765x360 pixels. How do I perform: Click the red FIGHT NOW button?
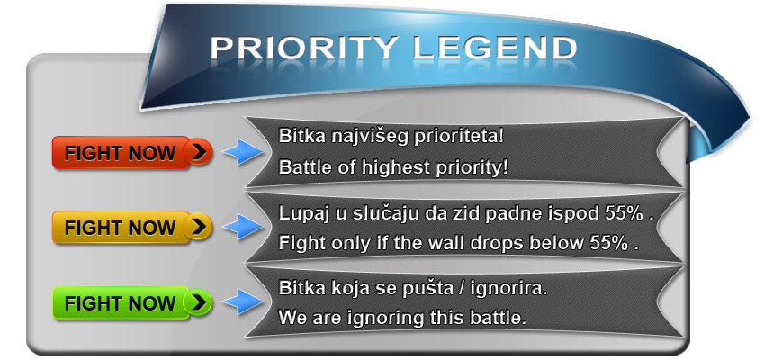pos(131,153)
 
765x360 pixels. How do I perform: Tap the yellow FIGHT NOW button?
pos(131,228)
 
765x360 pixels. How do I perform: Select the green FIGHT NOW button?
pos(131,303)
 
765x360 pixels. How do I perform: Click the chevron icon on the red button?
pos(198,152)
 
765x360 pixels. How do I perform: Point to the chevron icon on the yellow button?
pos(198,227)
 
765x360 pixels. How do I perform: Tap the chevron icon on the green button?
pos(198,302)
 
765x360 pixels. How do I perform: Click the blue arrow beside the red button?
pos(242,152)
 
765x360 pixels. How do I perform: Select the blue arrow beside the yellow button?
pos(242,226)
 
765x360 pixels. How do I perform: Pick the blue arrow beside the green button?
pos(242,301)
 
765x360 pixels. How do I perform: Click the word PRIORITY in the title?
pos(304,48)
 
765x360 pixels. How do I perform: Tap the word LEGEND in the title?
pos(495,48)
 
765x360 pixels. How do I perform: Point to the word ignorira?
pos(509,289)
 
